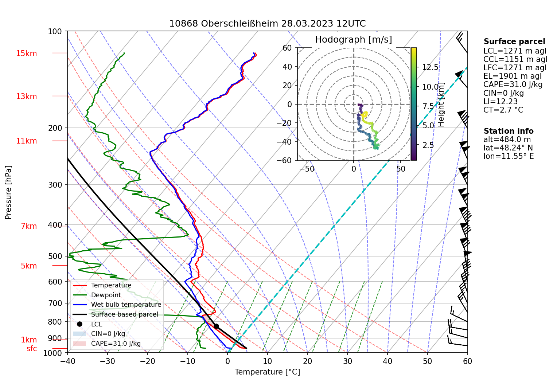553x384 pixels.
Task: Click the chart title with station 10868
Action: (x=267, y=24)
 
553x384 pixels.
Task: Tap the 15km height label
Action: (x=26, y=54)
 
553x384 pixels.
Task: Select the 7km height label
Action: (x=29, y=226)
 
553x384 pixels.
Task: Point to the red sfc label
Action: (x=32, y=349)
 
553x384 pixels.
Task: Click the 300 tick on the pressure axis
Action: (x=55, y=185)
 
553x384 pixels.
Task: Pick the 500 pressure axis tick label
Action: (x=55, y=256)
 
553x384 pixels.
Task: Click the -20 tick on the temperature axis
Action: (x=147, y=361)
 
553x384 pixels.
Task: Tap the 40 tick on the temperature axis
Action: (x=387, y=361)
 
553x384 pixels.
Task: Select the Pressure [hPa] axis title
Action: (x=8, y=192)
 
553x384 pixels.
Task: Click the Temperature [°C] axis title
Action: (x=267, y=372)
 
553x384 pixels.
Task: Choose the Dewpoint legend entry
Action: (x=106, y=295)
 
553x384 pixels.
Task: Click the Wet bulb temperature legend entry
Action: (x=126, y=305)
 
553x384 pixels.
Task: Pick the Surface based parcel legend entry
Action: (x=124, y=314)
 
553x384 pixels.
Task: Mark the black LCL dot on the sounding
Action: (x=216, y=326)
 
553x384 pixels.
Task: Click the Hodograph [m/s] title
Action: (x=353, y=40)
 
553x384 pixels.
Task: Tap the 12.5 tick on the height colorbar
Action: (x=430, y=67)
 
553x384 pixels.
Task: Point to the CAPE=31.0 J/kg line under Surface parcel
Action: (x=513, y=85)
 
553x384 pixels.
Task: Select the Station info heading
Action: (x=509, y=131)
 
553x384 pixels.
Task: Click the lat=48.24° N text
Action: (x=508, y=148)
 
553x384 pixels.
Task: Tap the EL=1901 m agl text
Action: (x=513, y=76)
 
